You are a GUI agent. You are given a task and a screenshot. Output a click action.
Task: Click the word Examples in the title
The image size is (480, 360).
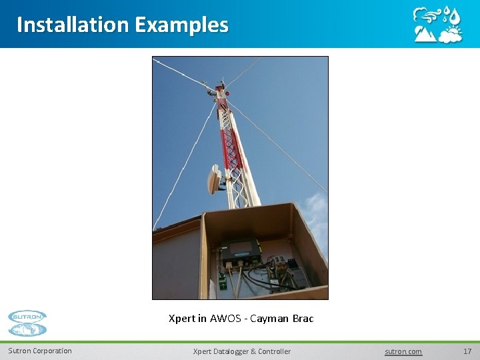(x=181, y=25)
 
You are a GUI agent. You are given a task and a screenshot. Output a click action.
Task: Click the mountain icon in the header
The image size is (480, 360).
(x=425, y=34)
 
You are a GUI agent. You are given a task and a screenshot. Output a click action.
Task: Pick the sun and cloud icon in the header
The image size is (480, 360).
(x=451, y=34)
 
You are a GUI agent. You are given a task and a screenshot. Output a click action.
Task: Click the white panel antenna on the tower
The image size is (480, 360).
(x=215, y=179)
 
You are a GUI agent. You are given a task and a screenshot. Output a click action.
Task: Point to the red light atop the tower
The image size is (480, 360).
(x=226, y=93)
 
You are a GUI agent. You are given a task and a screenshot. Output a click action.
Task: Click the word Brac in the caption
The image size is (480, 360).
(x=303, y=319)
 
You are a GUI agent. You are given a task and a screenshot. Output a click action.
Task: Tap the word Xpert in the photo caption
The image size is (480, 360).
(x=182, y=319)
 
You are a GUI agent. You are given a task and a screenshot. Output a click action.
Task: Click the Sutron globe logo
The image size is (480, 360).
(x=27, y=323)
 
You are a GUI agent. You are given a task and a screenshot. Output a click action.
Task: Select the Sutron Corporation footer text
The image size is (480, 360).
(x=40, y=351)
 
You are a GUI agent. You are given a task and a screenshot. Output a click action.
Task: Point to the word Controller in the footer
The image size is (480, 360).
(x=274, y=351)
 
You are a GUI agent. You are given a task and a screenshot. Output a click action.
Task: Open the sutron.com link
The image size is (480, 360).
(x=403, y=351)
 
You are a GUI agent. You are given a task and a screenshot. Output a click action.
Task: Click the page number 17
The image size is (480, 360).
(x=467, y=351)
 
